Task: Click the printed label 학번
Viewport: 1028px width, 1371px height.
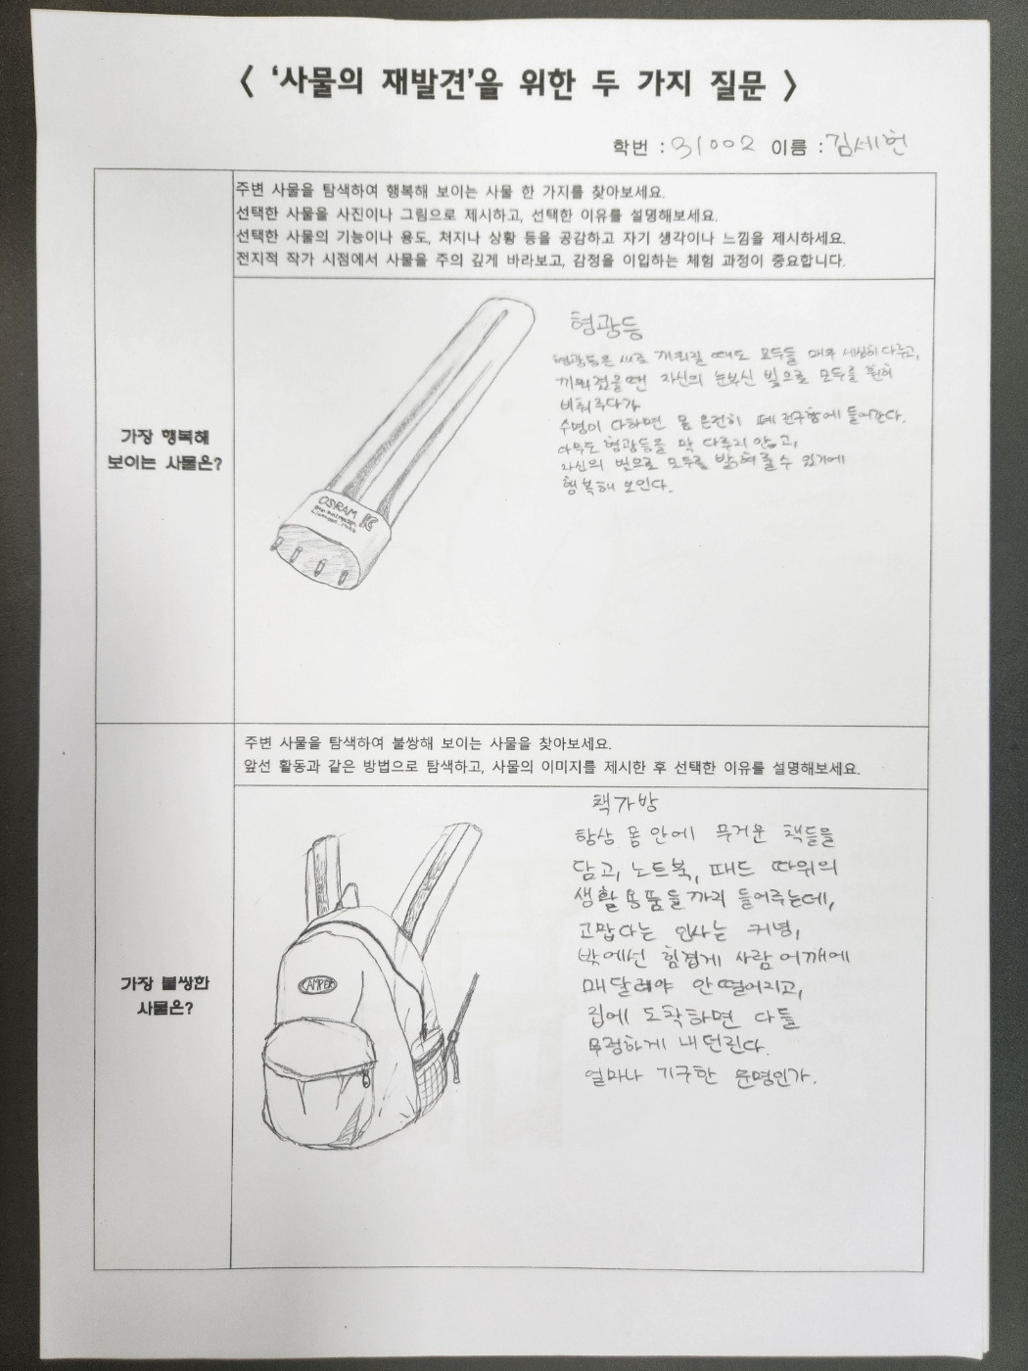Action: click(x=631, y=148)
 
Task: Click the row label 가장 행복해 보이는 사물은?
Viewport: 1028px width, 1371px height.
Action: click(x=164, y=450)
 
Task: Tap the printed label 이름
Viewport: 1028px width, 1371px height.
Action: click(x=789, y=148)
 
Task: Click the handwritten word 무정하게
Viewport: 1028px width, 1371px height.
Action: click(x=620, y=1045)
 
